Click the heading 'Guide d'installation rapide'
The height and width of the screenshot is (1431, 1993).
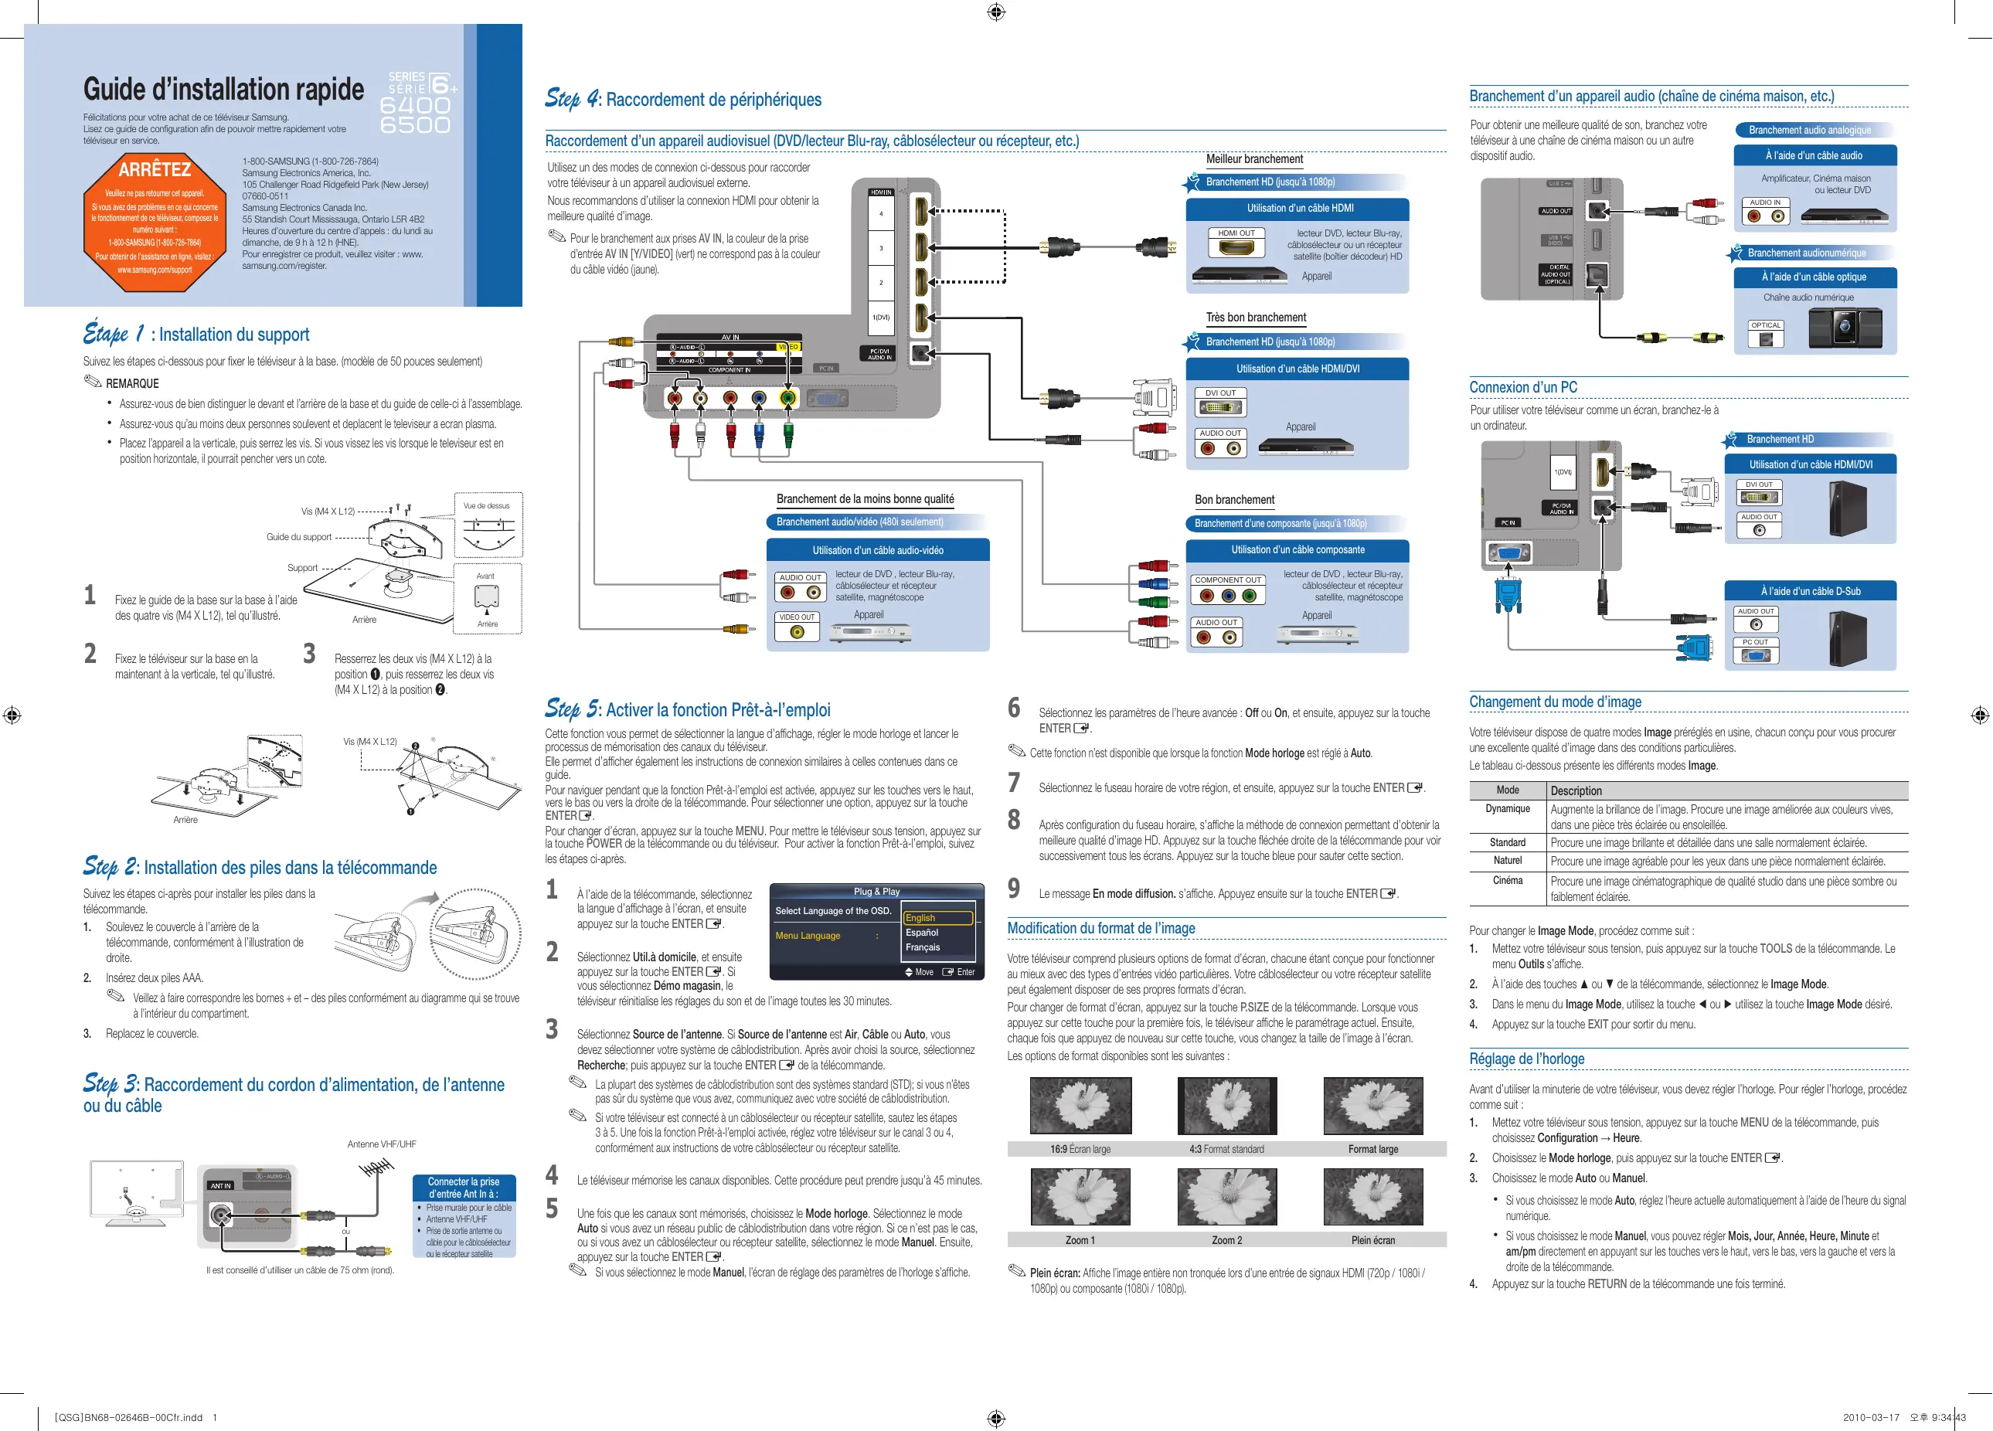(223, 89)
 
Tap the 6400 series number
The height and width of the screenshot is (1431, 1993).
(415, 104)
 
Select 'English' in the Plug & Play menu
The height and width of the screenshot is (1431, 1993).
(937, 917)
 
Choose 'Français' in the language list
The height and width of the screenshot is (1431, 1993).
(923, 947)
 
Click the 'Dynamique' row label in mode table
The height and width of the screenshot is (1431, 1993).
(1507, 808)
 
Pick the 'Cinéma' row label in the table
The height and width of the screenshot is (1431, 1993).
(1507, 880)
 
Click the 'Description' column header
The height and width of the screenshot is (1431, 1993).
(1576, 790)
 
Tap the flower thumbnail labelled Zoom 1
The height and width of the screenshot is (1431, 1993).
(1080, 1196)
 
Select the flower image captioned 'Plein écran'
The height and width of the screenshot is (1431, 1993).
(1372, 1196)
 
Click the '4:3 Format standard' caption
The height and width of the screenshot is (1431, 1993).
(1226, 1149)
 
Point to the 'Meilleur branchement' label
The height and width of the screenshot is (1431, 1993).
(1254, 159)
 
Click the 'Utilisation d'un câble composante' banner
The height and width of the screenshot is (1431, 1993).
(1297, 550)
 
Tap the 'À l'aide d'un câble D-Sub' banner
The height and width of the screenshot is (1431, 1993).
(1810, 591)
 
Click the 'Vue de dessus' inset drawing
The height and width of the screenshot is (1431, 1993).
(488, 525)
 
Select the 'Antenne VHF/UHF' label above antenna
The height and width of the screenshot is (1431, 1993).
(382, 1144)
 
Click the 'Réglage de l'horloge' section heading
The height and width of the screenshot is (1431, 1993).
(1526, 1059)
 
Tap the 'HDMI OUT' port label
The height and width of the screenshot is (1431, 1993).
(1236, 233)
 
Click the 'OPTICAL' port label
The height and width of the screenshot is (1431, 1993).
(1764, 325)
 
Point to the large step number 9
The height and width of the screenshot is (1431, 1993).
(1014, 889)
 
